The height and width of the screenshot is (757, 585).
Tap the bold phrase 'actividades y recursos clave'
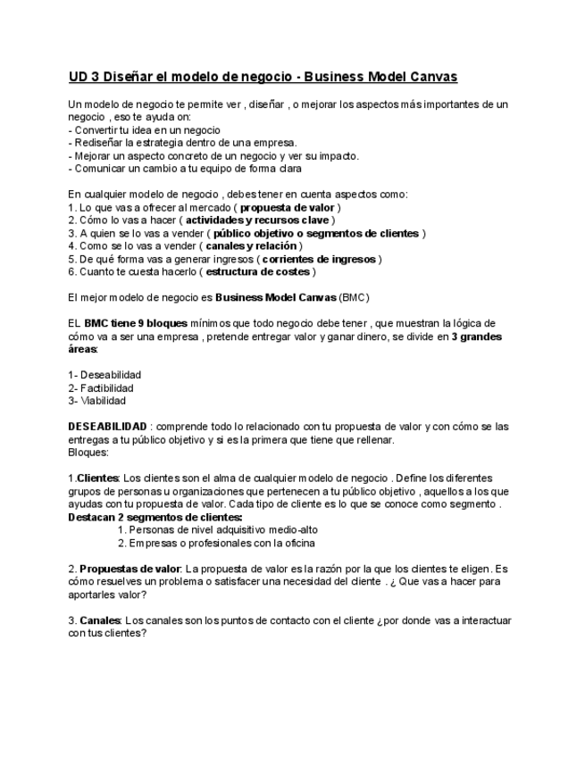tap(258, 220)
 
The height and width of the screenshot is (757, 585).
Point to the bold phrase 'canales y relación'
tap(251, 245)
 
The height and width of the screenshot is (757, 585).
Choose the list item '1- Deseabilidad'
tap(104, 375)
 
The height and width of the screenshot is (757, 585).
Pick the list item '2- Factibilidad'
tap(101, 388)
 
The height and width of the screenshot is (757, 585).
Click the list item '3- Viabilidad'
tap(97, 401)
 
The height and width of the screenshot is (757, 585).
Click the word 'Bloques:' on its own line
tap(88, 453)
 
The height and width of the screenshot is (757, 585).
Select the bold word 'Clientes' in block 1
tap(97, 478)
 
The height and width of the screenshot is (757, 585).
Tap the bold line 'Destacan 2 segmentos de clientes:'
tap(155, 517)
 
